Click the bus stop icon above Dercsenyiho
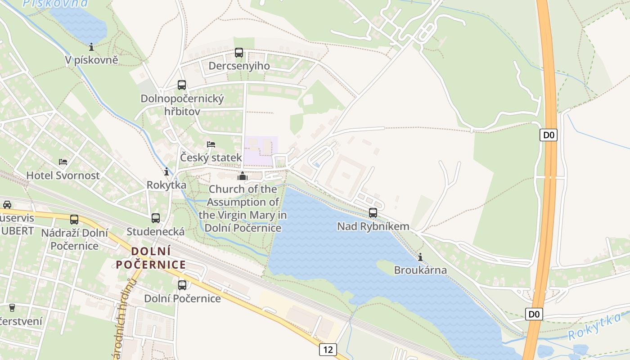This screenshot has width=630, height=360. pyautogui.click(x=239, y=53)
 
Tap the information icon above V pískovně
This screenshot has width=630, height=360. pyautogui.click(x=91, y=46)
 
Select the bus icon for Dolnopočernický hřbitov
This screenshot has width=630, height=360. pyautogui.click(x=182, y=85)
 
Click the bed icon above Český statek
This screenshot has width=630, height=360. pyautogui.click(x=211, y=144)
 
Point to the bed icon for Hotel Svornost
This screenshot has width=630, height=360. pyautogui.click(x=63, y=162)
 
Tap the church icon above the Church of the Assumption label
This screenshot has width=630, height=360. pyautogui.click(x=243, y=176)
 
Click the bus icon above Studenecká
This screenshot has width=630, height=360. pyautogui.click(x=156, y=218)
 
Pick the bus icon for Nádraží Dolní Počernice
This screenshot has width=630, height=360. pyautogui.click(x=74, y=220)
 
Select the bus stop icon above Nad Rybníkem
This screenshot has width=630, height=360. pyautogui.click(x=373, y=213)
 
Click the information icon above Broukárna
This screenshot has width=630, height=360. pyautogui.click(x=420, y=257)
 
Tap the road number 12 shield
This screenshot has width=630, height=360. pyautogui.click(x=328, y=349)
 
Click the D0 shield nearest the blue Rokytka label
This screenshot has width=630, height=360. pyautogui.click(x=534, y=314)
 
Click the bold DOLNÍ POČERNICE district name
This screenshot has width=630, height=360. pyautogui.click(x=151, y=258)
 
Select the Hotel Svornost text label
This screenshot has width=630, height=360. pyautogui.click(x=63, y=175)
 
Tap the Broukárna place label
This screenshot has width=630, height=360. pyautogui.click(x=420, y=270)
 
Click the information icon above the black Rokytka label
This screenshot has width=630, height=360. pyautogui.click(x=166, y=171)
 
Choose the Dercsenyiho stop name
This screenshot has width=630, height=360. pyautogui.click(x=239, y=66)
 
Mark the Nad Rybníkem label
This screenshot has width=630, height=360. pyautogui.click(x=373, y=226)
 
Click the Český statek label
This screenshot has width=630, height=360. pyautogui.click(x=211, y=158)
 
